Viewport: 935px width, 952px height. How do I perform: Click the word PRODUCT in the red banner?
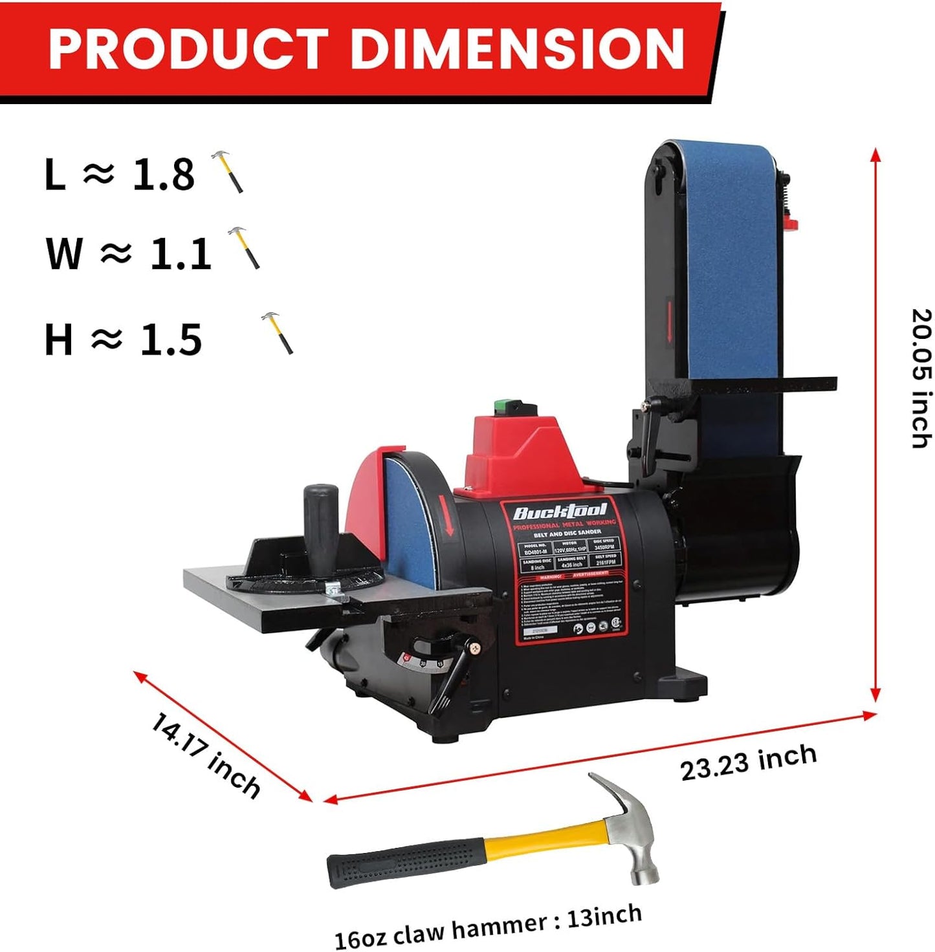187,49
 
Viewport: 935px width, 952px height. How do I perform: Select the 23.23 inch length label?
748,762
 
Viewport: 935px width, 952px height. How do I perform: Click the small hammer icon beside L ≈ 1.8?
228,171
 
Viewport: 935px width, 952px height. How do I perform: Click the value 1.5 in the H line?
171,340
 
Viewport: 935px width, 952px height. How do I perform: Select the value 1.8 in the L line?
163,174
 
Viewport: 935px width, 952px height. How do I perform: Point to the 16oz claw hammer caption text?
488,926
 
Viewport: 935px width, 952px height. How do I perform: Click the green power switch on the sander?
509,407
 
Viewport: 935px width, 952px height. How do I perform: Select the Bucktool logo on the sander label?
560,512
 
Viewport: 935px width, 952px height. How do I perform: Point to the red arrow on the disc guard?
446,514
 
